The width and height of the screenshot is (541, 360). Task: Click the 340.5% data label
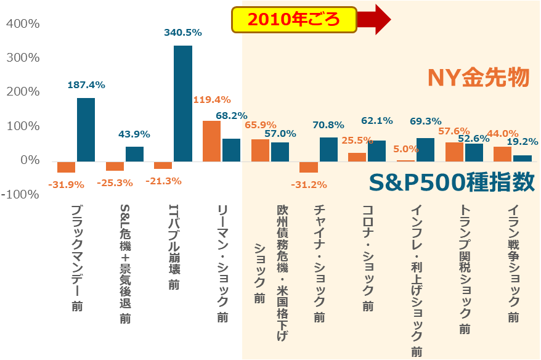click(x=182, y=33)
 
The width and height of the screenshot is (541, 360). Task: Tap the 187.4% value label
click(x=86, y=85)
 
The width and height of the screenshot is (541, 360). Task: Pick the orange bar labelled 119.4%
click(x=211, y=141)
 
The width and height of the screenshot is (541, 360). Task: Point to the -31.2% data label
click(x=308, y=184)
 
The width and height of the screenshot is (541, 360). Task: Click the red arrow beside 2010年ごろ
click(x=374, y=20)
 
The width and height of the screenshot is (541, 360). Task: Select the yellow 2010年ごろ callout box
click(x=294, y=20)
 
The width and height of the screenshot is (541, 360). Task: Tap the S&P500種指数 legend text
click(x=452, y=182)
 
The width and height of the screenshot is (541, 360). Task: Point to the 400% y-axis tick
click(x=22, y=24)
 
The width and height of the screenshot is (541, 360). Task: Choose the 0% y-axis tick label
click(x=29, y=160)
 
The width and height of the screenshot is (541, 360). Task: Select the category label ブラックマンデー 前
click(x=77, y=258)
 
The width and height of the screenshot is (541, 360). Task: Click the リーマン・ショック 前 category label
click(x=223, y=264)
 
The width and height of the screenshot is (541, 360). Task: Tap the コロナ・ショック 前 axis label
click(x=368, y=258)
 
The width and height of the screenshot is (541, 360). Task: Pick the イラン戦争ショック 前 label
click(x=513, y=263)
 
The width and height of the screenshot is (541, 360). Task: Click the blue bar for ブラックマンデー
click(x=86, y=129)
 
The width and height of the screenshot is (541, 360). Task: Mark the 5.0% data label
click(x=405, y=149)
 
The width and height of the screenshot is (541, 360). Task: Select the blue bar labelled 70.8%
click(x=328, y=149)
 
